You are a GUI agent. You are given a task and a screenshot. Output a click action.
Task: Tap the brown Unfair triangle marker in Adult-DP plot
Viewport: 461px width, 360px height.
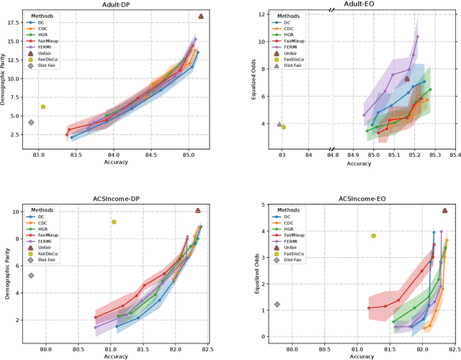point(201,16)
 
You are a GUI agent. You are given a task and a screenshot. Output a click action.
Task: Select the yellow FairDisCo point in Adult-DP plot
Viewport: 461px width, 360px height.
point(43,107)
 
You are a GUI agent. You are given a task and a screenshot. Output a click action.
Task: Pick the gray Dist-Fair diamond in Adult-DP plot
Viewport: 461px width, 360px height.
point(31,122)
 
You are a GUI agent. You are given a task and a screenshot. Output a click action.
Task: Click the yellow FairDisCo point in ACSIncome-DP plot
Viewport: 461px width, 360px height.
point(114,222)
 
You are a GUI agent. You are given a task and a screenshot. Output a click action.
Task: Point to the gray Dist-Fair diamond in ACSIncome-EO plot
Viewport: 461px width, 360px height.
point(277,305)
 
